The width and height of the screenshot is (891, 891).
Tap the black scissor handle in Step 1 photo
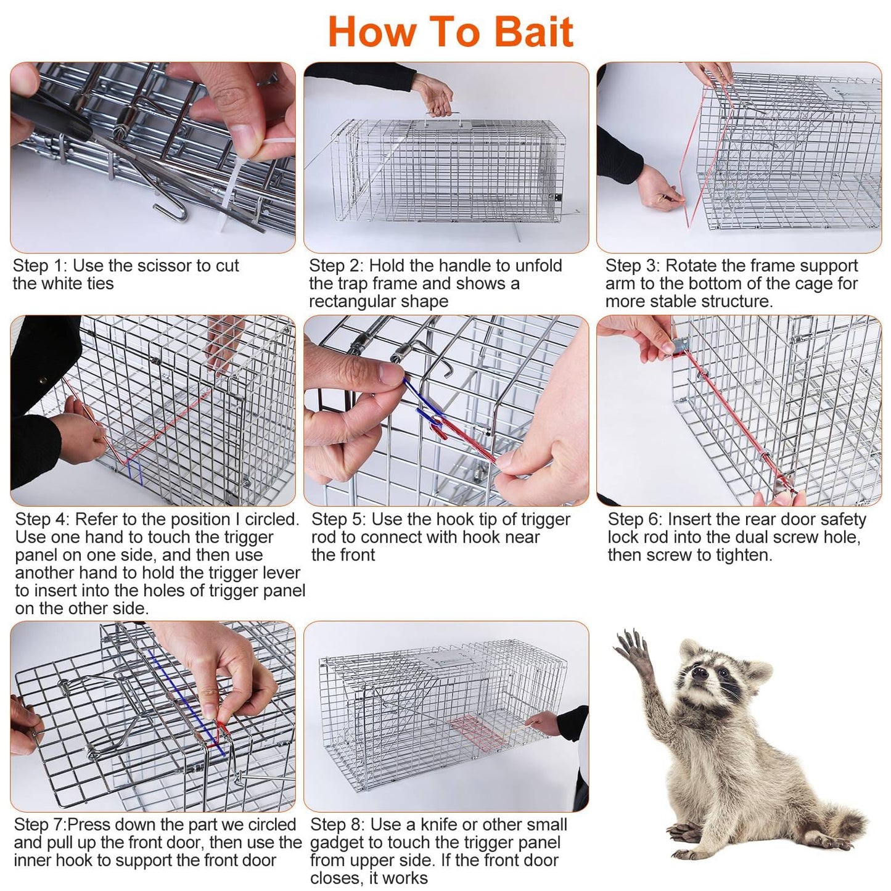click(51, 113)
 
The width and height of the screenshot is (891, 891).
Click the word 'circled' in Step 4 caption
click(273, 519)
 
